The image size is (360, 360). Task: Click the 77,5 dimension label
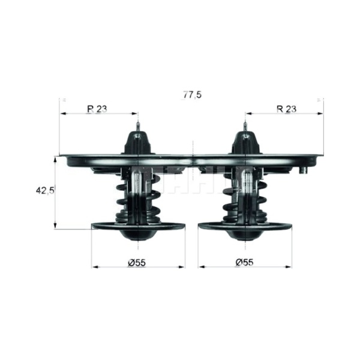(192, 95)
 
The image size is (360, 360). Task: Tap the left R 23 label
(97, 109)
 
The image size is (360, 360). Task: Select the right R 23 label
(286, 109)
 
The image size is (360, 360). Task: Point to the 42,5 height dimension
(45, 190)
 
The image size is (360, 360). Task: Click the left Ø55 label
(137, 263)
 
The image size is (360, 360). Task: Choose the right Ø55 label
(245, 262)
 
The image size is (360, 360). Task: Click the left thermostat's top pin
(138, 127)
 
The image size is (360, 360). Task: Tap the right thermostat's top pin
(245, 127)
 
